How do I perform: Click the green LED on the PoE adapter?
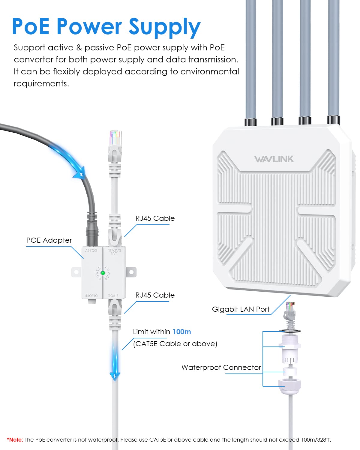[x=103, y=273]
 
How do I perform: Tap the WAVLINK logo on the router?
[x=274, y=159]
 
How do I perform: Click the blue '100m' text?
[x=181, y=332]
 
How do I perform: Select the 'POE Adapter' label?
[x=49, y=240]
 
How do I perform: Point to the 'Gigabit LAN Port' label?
[x=241, y=309]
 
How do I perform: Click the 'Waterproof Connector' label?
[x=221, y=367]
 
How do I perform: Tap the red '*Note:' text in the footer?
[x=15, y=440]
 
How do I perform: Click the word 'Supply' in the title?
[x=164, y=27]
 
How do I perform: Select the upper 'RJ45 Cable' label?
[x=155, y=218]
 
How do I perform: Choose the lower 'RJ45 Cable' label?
[x=155, y=295]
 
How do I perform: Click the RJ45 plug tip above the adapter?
[x=115, y=138]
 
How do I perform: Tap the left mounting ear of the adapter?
[x=76, y=272]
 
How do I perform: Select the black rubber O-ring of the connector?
[x=290, y=331]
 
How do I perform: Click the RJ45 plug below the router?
[x=290, y=310]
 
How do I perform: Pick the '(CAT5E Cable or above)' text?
[x=175, y=344]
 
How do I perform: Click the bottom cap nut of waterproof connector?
[x=290, y=385]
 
